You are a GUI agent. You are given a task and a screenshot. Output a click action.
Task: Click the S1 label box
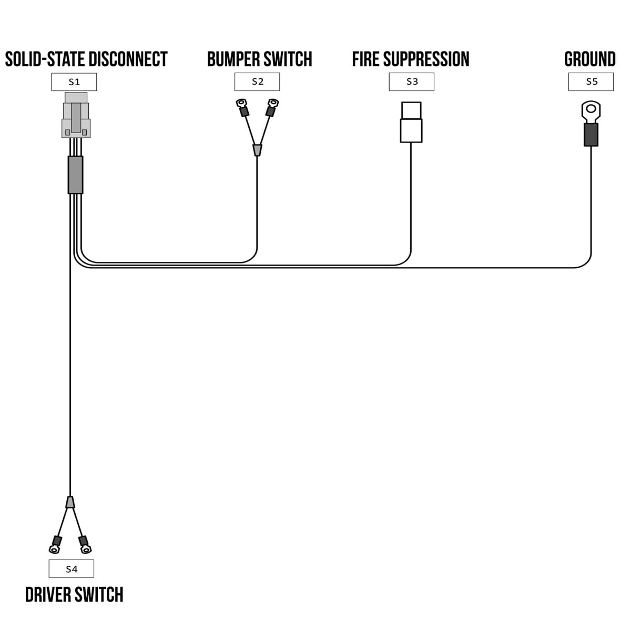tap(74, 82)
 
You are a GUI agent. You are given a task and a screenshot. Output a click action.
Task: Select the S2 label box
tap(257, 82)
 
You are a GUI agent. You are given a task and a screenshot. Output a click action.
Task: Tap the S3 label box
tap(412, 82)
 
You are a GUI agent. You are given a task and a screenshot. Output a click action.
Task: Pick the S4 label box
tap(71, 568)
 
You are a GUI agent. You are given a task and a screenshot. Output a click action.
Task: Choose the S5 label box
tap(591, 82)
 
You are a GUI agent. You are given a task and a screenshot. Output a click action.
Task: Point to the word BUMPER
tap(232, 59)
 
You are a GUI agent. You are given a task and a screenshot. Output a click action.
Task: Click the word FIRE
tap(365, 59)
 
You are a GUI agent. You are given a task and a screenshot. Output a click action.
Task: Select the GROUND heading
tap(590, 59)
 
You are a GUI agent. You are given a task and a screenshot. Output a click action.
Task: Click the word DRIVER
tap(48, 595)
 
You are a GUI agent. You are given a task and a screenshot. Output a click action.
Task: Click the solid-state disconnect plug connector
tap(76, 116)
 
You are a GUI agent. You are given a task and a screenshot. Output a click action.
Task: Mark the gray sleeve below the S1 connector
tap(75, 175)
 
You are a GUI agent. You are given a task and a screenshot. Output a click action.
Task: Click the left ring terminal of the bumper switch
tap(241, 103)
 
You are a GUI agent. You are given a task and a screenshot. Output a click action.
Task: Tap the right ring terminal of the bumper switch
tap(272, 103)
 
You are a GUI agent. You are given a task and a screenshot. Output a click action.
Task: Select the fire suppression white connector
tap(411, 122)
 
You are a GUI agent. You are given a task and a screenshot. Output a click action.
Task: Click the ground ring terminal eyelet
tap(591, 110)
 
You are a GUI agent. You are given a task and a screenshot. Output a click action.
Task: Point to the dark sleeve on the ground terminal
tap(591, 135)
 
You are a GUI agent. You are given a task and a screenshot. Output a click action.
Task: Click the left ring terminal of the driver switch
tap(54, 549)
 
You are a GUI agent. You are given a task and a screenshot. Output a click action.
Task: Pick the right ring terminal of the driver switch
tap(86, 549)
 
